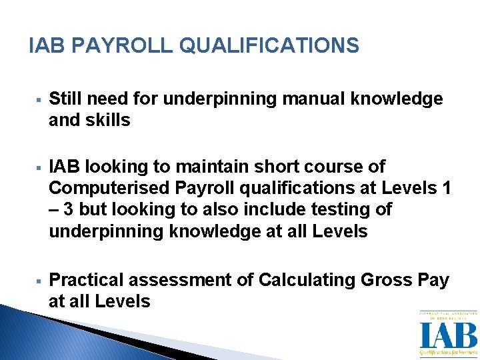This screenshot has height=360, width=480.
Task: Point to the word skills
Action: [x=107, y=121]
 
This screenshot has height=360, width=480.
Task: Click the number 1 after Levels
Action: [x=446, y=187]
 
